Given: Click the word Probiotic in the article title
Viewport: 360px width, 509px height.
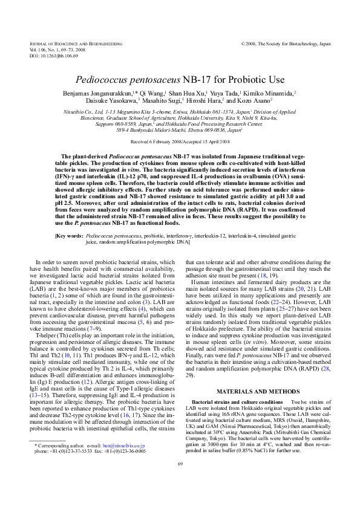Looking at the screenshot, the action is [x=238, y=79].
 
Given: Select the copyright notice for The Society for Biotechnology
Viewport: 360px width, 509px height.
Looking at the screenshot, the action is [x=286, y=44].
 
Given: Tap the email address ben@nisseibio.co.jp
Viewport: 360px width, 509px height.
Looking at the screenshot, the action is [x=123, y=462].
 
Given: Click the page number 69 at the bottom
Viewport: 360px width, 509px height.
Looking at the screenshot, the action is [x=180, y=481].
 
